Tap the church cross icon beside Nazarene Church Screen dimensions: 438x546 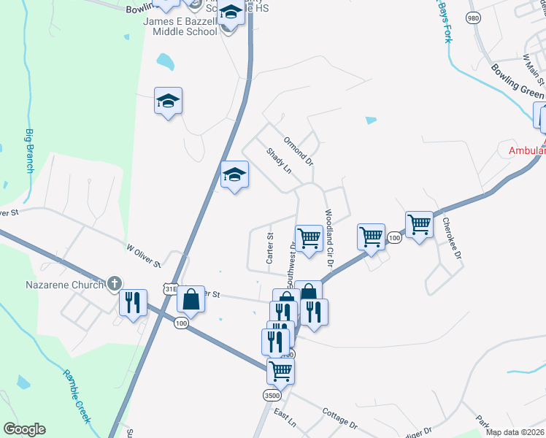114,283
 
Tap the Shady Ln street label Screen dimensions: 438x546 279,161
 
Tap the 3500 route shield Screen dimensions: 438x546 272,395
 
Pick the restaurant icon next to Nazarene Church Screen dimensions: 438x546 133,302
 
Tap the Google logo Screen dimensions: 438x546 25,429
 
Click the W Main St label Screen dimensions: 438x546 532,66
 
